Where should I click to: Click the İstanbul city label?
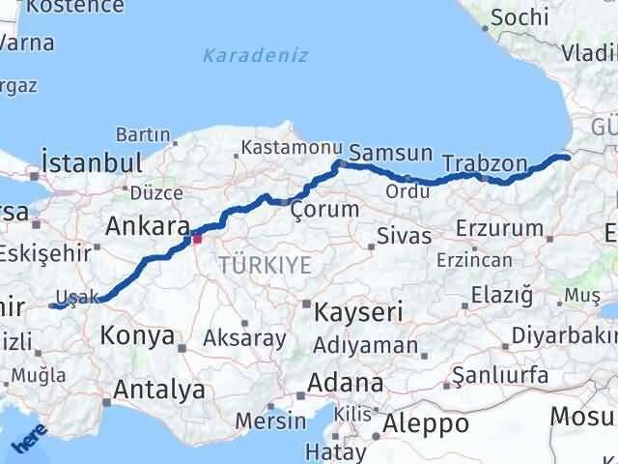click(93, 161)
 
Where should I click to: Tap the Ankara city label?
click(147, 226)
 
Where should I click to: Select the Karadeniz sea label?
click(255, 56)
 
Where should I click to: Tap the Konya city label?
click(138, 336)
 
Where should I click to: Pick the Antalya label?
click(159, 391)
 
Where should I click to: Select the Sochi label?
click(520, 16)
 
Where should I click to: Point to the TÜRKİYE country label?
click(265, 264)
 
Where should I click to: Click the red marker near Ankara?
click(197, 237)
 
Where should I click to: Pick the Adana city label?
click(345, 383)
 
